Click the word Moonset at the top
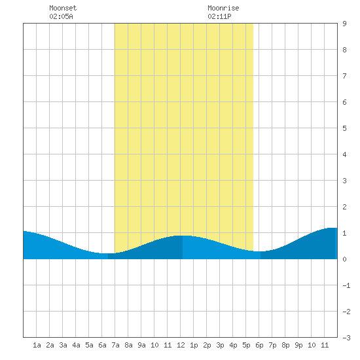(63, 8)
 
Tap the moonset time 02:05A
(61, 16)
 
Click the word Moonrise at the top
(223, 8)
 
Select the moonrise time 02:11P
(219, 16)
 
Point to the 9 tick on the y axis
(344, 24)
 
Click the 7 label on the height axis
(344, 76)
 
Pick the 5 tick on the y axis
(344, 128)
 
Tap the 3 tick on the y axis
(344, 181)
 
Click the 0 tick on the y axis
(344, 259)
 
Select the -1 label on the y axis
(346, 285)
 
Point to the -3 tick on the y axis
(346, 338)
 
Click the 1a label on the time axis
(37, 345)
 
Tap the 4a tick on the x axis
(76, 345)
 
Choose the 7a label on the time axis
(115, 345)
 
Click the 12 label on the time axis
(181, 345)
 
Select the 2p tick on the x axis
(207, 345)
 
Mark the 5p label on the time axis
(246, 345)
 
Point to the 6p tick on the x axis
(259, 345)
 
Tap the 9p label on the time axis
(298, 345)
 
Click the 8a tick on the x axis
(128, 345)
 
